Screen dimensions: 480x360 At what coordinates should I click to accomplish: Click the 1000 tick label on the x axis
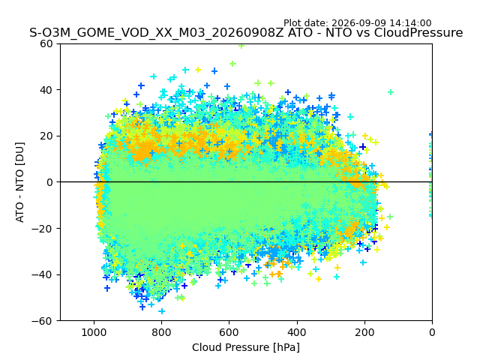point(94,332)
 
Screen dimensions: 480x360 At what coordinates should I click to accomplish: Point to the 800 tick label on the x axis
point(161,332)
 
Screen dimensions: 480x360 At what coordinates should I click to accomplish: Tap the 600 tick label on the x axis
point(229,332)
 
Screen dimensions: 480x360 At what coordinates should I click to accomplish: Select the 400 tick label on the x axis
point(297,332)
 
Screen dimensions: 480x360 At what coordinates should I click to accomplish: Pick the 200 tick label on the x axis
point(364,332)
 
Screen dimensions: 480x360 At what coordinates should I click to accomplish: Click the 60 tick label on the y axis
point(46,43)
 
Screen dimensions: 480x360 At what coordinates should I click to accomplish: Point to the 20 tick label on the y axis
point(46,136)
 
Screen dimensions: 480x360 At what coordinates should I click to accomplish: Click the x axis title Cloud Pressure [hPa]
point(246,347)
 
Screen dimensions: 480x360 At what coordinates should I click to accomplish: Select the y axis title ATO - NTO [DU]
point(20,182)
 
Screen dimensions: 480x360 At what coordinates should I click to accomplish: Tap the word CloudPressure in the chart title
point(418,33)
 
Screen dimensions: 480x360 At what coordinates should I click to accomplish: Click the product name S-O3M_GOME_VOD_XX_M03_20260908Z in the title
point(157,33)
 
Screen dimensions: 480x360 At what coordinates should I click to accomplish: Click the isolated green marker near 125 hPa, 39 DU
point(390,92)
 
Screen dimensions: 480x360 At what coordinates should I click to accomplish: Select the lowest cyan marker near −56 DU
point(162,311)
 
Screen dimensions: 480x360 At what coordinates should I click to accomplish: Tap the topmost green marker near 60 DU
point(241,46)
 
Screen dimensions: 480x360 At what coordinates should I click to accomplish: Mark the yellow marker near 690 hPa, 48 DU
point(198,70)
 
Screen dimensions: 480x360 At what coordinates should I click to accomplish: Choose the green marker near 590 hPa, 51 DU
point(232,64)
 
